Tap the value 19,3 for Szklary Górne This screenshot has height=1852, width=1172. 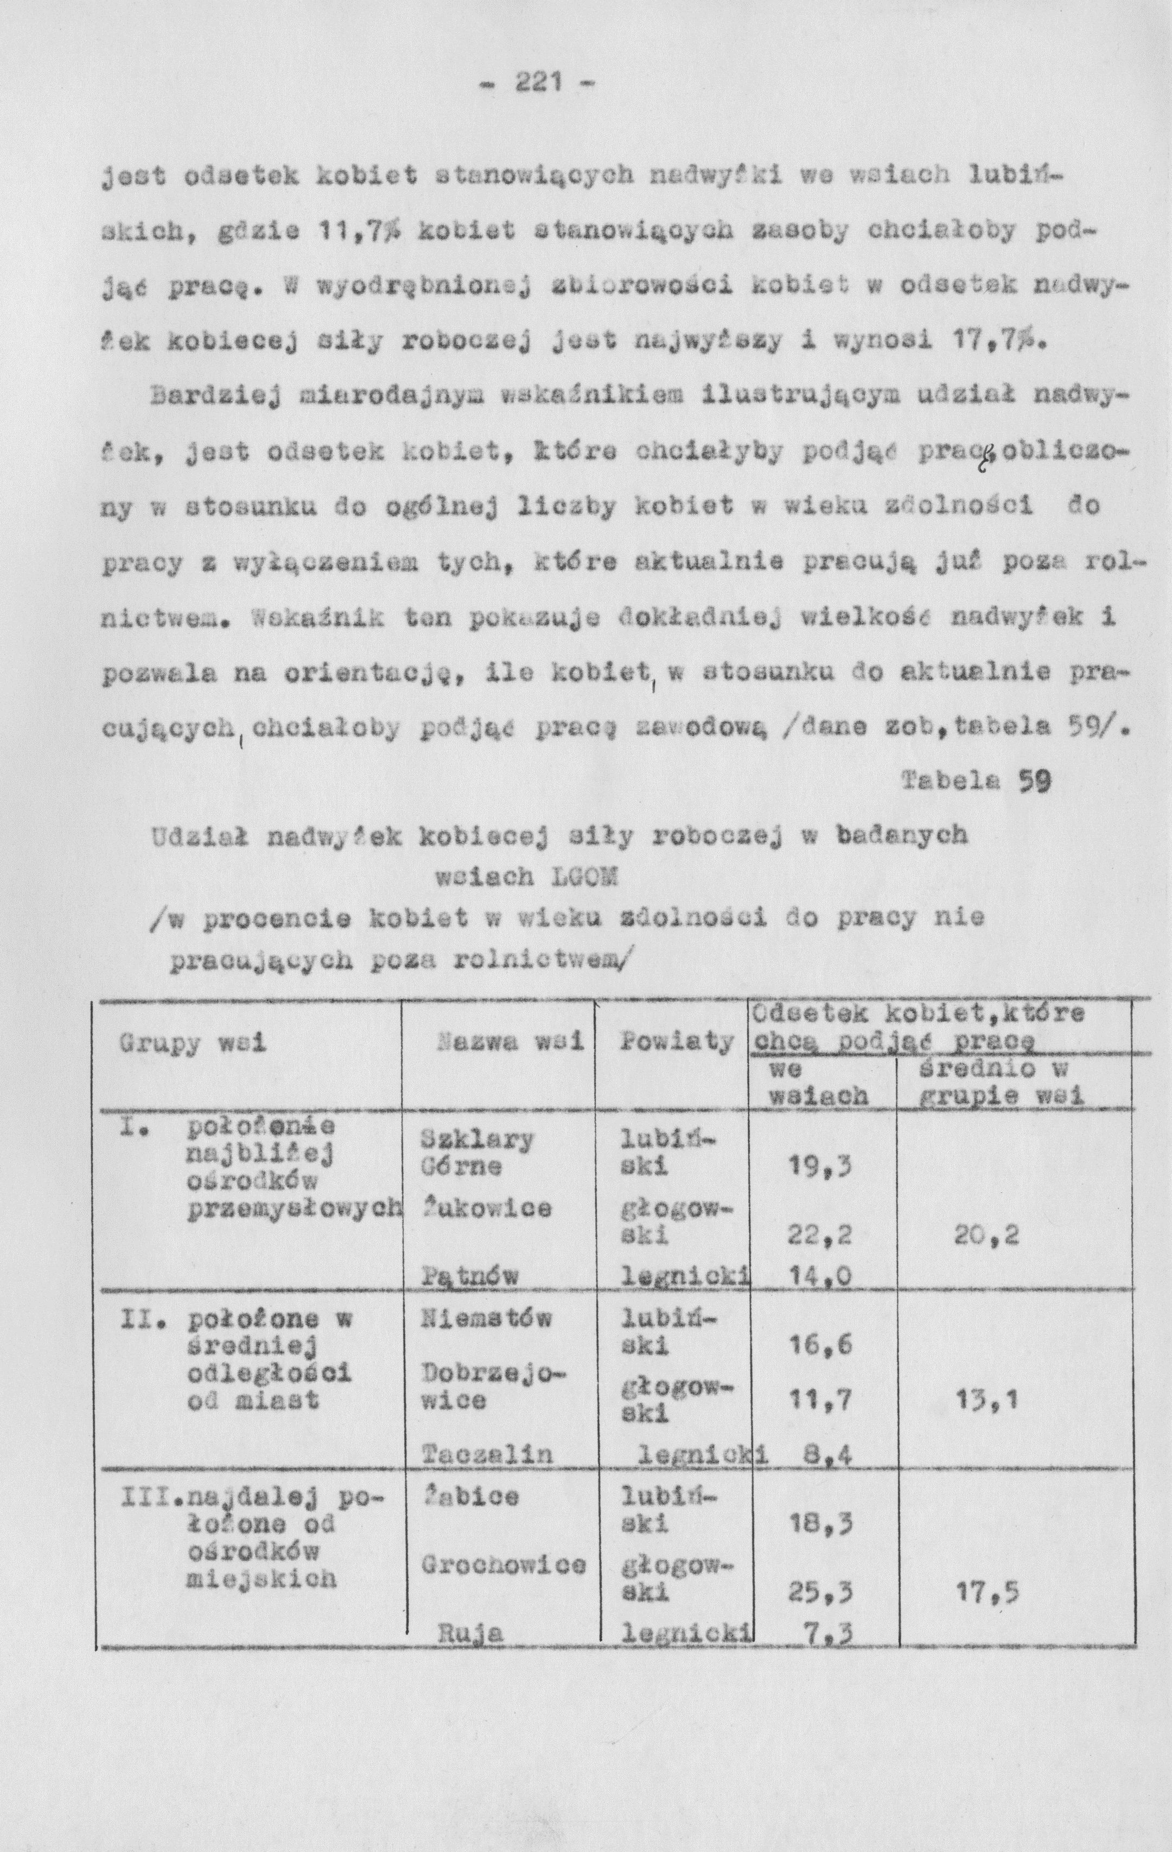tap(820, 1167)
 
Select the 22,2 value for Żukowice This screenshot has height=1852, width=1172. tap(820, 1236)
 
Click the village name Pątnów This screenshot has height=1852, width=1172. tap(470, 1277)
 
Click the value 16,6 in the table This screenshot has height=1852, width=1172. tap(820, 1345)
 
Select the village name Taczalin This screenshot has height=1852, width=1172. tap(488, 1454)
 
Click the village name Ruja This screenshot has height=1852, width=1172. tap(470, 1655)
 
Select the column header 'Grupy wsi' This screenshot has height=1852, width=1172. tap(192, 1044)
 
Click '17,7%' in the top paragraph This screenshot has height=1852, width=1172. tap(998, 339)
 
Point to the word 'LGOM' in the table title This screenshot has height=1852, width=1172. tap(584, 877)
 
